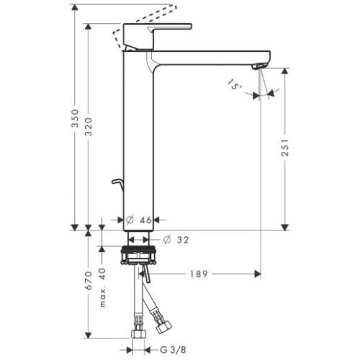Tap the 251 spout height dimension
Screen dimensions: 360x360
pos(286,148)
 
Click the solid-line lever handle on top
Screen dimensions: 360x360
pos(159,30)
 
